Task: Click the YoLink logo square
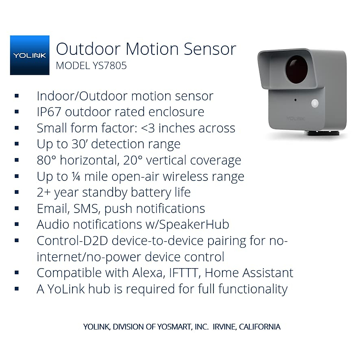pyautogui.click(x=30, y=55)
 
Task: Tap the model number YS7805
pyautogui.click(x=109, y=66)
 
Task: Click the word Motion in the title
pyautogui.click(x=152, y=49)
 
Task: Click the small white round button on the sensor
pyautogui.click(x=315, y=103)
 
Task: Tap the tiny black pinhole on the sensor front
pyautogui.click(x=295, y=100)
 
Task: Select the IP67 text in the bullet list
pyautogui.click(x=49, y=112)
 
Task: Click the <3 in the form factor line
pyautogui.click(x=148, y=128)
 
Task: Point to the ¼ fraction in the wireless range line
pyautogui.click(x=76, y=176)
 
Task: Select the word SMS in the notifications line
pyautogui.click(x=86, y=208)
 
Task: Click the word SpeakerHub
pyautogui.click(x=194, y=224)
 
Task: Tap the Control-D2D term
pyautogui.click(x=72, y=241)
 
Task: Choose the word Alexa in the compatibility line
pyautogui.click(x=147, y=273)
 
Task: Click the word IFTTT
pyautogui.click(x=183, y=273)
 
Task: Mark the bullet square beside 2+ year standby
pyautogui.click(x=16, y=192)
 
